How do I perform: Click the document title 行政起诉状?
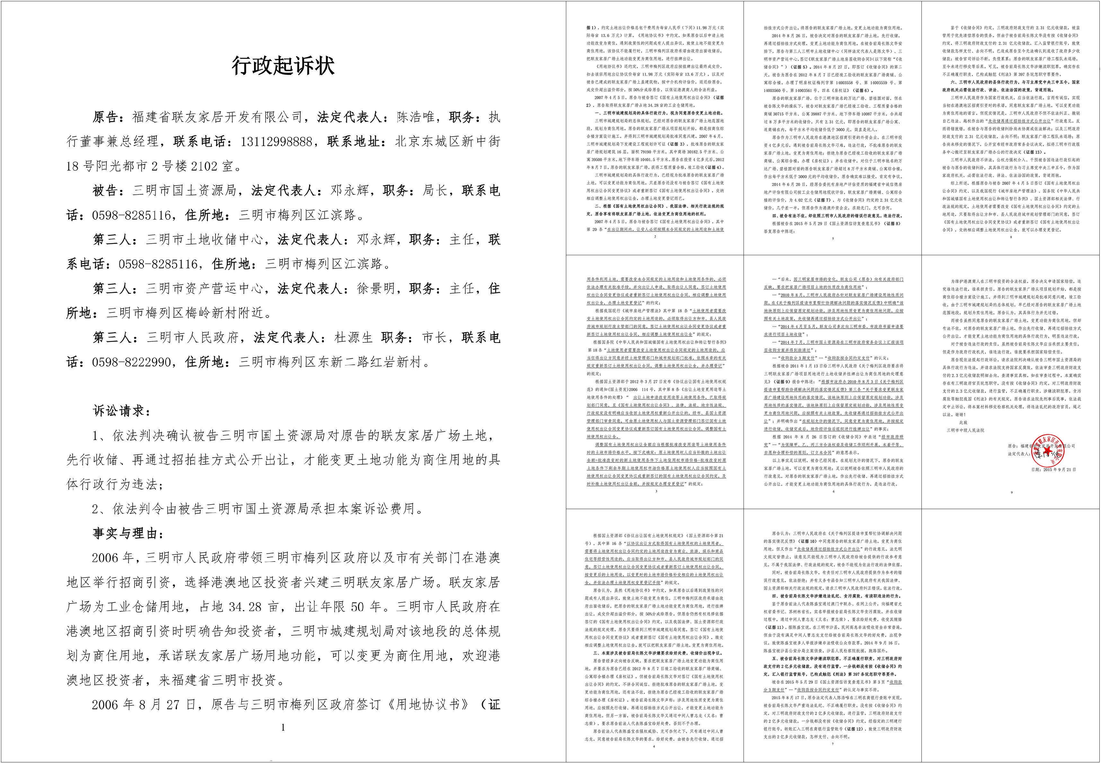[283, 66]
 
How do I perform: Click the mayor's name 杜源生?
[354, 337]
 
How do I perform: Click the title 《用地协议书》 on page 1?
[429, 705]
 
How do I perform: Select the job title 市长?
[435, 337]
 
